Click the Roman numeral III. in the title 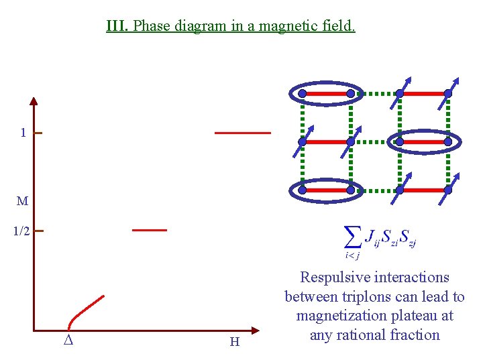tap(118, 26)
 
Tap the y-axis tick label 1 tap(23, 133)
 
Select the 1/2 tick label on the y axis tap(21, 231)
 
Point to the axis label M tap(23, 200)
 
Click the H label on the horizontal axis tap(235, 342)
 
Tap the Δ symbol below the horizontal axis tap(68, 341)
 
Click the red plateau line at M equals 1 tap(242, 133)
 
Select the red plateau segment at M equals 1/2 tap(149, 230)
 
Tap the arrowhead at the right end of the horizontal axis tap(255, 330)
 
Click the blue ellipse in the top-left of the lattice tap(326, 93)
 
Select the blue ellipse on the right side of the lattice tap(424, 141)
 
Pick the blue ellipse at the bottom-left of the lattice tap(326, 190)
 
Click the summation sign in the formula tap(351, 236)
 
